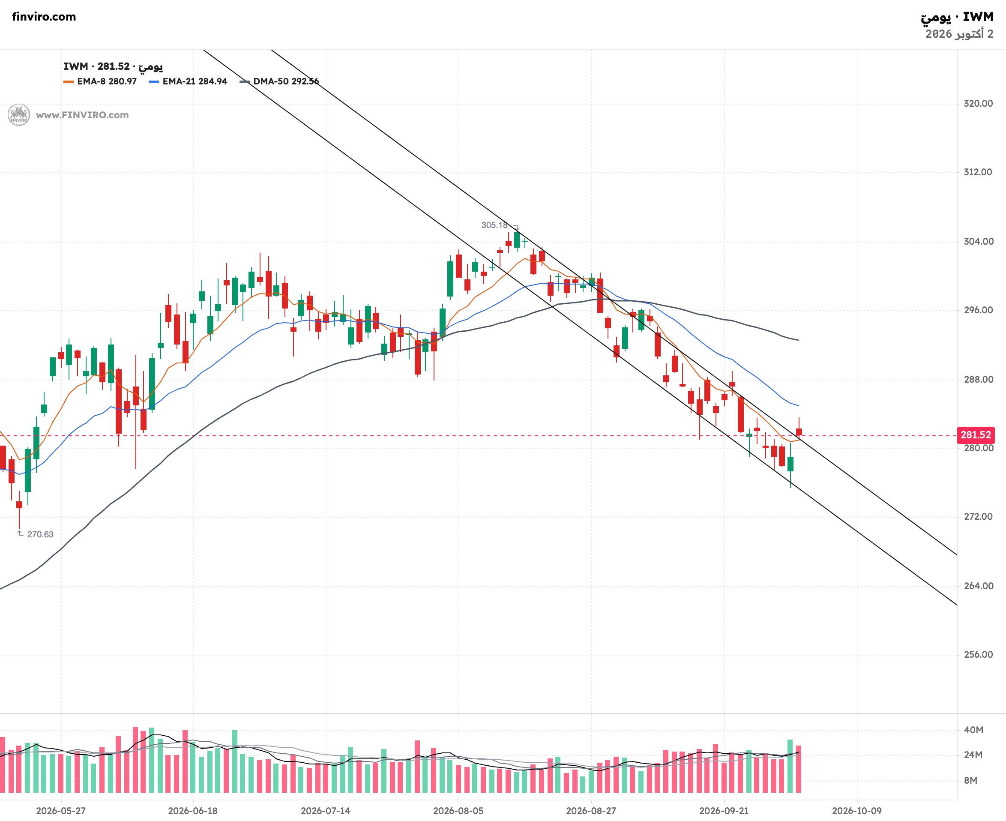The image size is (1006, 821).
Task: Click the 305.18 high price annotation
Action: [x=494, y=225]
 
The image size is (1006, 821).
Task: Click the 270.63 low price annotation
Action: [x=40, y=534]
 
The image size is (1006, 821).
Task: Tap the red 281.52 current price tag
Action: [x=975, y=435]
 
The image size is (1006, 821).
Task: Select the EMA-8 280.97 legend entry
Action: [x=100, y=81]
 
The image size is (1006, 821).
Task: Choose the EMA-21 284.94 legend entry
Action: [x=188, y=81]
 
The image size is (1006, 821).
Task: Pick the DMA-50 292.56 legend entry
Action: [x=279, y=81]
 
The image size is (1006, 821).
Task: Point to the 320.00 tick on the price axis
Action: [x=978, y=104]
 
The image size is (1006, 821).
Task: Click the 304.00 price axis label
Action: [x=978, y=242]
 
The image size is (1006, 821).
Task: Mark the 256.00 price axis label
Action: [x=978, y=655]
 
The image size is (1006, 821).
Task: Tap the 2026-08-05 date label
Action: [x=458, y=811]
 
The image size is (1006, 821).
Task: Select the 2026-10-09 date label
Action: [x=856, y=811]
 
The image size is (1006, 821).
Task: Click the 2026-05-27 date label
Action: [x=61, y=811]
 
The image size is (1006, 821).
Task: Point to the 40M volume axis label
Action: [x=973, y=730]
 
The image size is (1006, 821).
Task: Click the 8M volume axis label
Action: [x=970, y=781]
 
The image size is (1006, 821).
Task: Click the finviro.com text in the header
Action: [x=44, y=17]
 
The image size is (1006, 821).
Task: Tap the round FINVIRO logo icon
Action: [x=19, y=115]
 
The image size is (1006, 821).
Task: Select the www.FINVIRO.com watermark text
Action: [x=82, y=115]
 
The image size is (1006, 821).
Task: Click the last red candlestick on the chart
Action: [x=799, y=432]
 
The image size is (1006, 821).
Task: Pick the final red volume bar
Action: [x=799, y=769]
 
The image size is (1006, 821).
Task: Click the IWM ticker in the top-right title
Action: [x=978, y=17]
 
